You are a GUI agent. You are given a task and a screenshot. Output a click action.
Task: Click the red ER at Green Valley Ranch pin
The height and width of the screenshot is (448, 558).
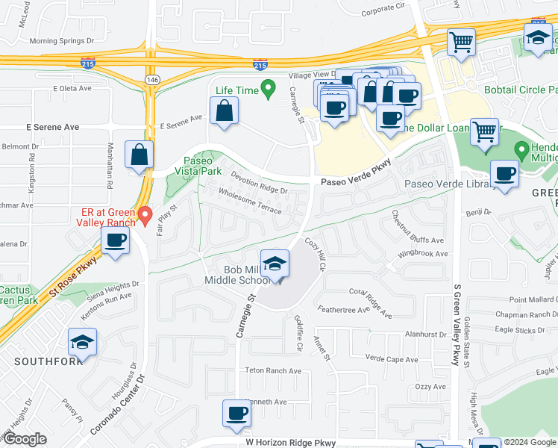(145, 216)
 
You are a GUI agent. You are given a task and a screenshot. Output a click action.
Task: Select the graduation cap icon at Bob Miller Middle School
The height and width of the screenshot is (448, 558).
(275, 264)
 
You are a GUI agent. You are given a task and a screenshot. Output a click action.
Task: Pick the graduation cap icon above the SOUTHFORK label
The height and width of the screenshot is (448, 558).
(83, 342)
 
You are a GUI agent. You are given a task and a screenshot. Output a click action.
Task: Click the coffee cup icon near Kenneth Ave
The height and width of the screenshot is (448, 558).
(237, 414)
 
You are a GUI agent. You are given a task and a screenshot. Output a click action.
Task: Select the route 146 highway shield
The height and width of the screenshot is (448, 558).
(152, 78)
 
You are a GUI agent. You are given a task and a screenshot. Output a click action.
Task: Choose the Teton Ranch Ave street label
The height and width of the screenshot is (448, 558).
(273, 370)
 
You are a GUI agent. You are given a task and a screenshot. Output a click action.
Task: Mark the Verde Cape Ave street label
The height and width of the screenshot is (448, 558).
(392, 358)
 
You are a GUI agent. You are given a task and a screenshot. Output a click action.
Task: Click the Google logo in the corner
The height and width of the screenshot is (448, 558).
(24, 439)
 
